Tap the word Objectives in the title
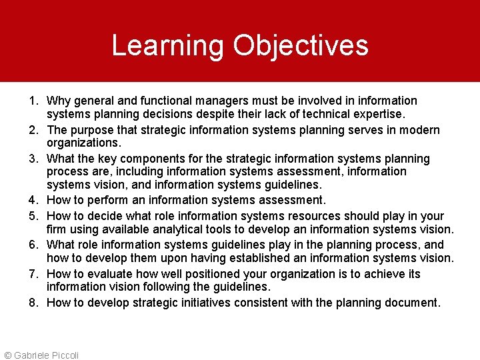coord(301,45)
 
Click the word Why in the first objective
coord(59,101)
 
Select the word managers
coord(226,101)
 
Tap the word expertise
coord(378,114)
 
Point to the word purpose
coord(91,130)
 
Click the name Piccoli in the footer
coord(64,355)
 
